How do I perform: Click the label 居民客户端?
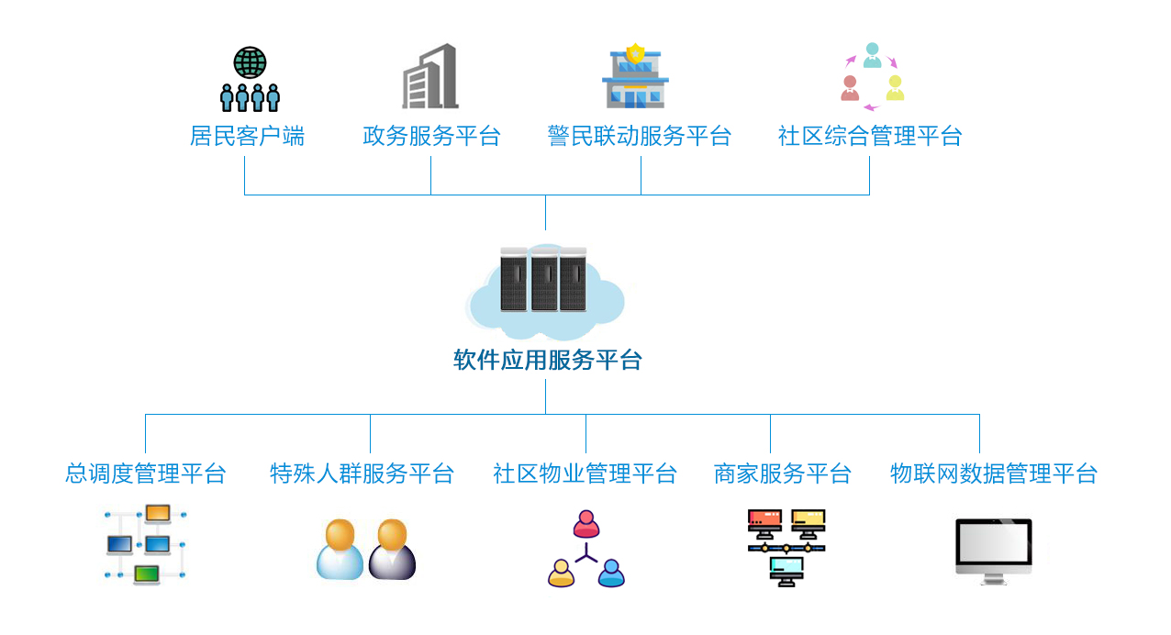click(x=247, y=137)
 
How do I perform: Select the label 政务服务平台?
click(x=431, y=137)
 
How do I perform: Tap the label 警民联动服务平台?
click(x=640, y=137)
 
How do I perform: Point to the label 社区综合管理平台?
click(x=870, y=137)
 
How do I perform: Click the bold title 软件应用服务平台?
click(x=547, y=360)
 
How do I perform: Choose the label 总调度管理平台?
click(x=146, y=473)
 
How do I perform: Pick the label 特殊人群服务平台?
click(x=362, y=473)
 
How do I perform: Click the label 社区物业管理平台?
click(x=585, y=473)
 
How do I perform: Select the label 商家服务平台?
click(x=782, y=473)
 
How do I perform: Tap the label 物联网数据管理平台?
click(x=994, y=473)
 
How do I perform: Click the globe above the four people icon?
click(x=250, y=62)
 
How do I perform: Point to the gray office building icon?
click(x=430, y=77)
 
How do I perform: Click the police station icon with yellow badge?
click(x=635, y=77)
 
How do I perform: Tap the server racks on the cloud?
click(x=543, y=279)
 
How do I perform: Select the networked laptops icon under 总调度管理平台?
click(x=146, y=545)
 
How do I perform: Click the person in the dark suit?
click(x=392, y=550)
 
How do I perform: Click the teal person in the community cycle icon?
click(x=872, y=56)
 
